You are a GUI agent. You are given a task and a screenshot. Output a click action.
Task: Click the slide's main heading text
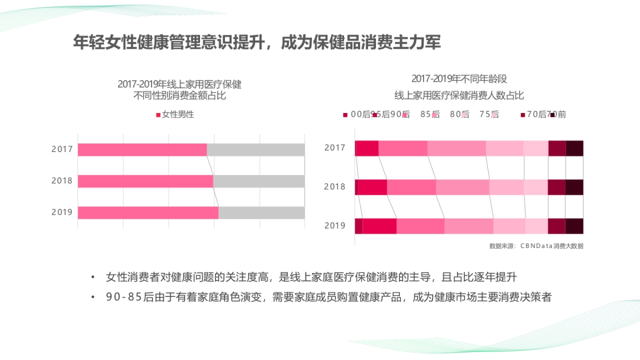coord(257,43)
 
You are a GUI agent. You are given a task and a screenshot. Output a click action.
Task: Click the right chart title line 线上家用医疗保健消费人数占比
coord(459,96)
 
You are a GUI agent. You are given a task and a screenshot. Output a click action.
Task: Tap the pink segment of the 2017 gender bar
coord(142,150)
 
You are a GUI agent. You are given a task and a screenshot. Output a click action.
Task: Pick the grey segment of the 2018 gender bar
coord(259,181)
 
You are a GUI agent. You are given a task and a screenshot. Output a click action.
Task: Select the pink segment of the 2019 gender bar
coord(148,213)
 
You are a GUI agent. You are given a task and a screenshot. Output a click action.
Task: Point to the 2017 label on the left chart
coord(62,149)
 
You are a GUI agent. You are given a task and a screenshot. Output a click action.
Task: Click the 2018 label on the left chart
coord(62,181)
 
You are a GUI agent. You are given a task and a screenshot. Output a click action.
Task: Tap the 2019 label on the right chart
coord(335,226)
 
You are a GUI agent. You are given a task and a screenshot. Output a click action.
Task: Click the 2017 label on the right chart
coord(335,148)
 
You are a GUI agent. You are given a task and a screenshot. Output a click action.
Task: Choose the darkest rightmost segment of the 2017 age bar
coord(574,148)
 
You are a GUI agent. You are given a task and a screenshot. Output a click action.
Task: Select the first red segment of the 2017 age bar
coord(366,148)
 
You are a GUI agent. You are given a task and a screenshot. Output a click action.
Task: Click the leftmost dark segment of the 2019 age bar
coord(358,226)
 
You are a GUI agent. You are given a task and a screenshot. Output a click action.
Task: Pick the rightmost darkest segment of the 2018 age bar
coord(574,187)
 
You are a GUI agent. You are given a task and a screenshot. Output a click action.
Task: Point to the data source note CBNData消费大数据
coord(535,246)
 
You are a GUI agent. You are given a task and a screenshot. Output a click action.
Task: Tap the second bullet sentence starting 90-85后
coord(329,298)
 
